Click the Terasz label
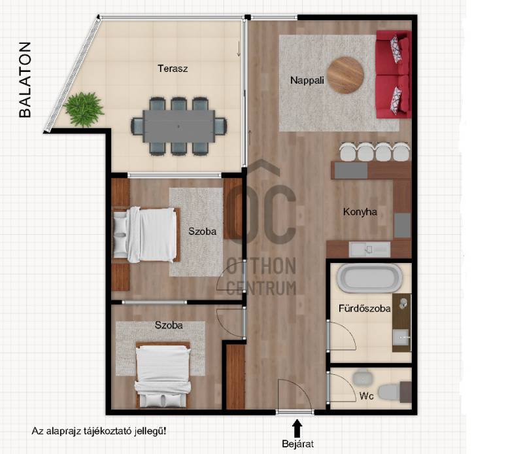pos(173,69)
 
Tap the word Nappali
pos(307,80)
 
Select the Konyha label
pos(360,212)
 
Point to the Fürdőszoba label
pos(364,308)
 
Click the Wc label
pos(366,396)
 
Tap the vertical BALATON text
pos(25,80)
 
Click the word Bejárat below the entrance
pos(297,444)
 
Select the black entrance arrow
pos(297,428)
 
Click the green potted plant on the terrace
pos(84,109)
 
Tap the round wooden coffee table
pos(345,75)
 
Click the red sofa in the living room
pos(394,74)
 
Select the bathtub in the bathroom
pos(369,279)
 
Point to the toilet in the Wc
pos(390,391)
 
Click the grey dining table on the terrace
pos(178,126)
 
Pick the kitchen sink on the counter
pos(369,249)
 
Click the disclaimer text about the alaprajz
pos(99,431)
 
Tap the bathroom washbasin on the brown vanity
pos(401,338)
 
